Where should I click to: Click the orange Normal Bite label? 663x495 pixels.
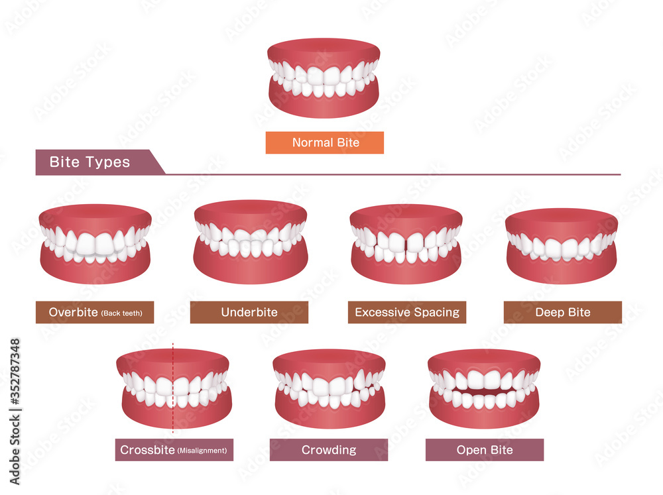324,142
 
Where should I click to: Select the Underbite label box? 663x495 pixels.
249,312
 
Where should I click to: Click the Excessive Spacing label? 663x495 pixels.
406,312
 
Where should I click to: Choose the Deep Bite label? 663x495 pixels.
562,312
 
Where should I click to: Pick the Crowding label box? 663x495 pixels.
329,450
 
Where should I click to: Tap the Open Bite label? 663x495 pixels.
485,450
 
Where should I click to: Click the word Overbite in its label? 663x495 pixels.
73,312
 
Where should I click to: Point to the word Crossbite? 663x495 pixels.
147,450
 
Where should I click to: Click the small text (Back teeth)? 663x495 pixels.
121,313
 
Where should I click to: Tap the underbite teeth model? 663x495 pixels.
250,242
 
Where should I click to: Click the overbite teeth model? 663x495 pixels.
95,244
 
